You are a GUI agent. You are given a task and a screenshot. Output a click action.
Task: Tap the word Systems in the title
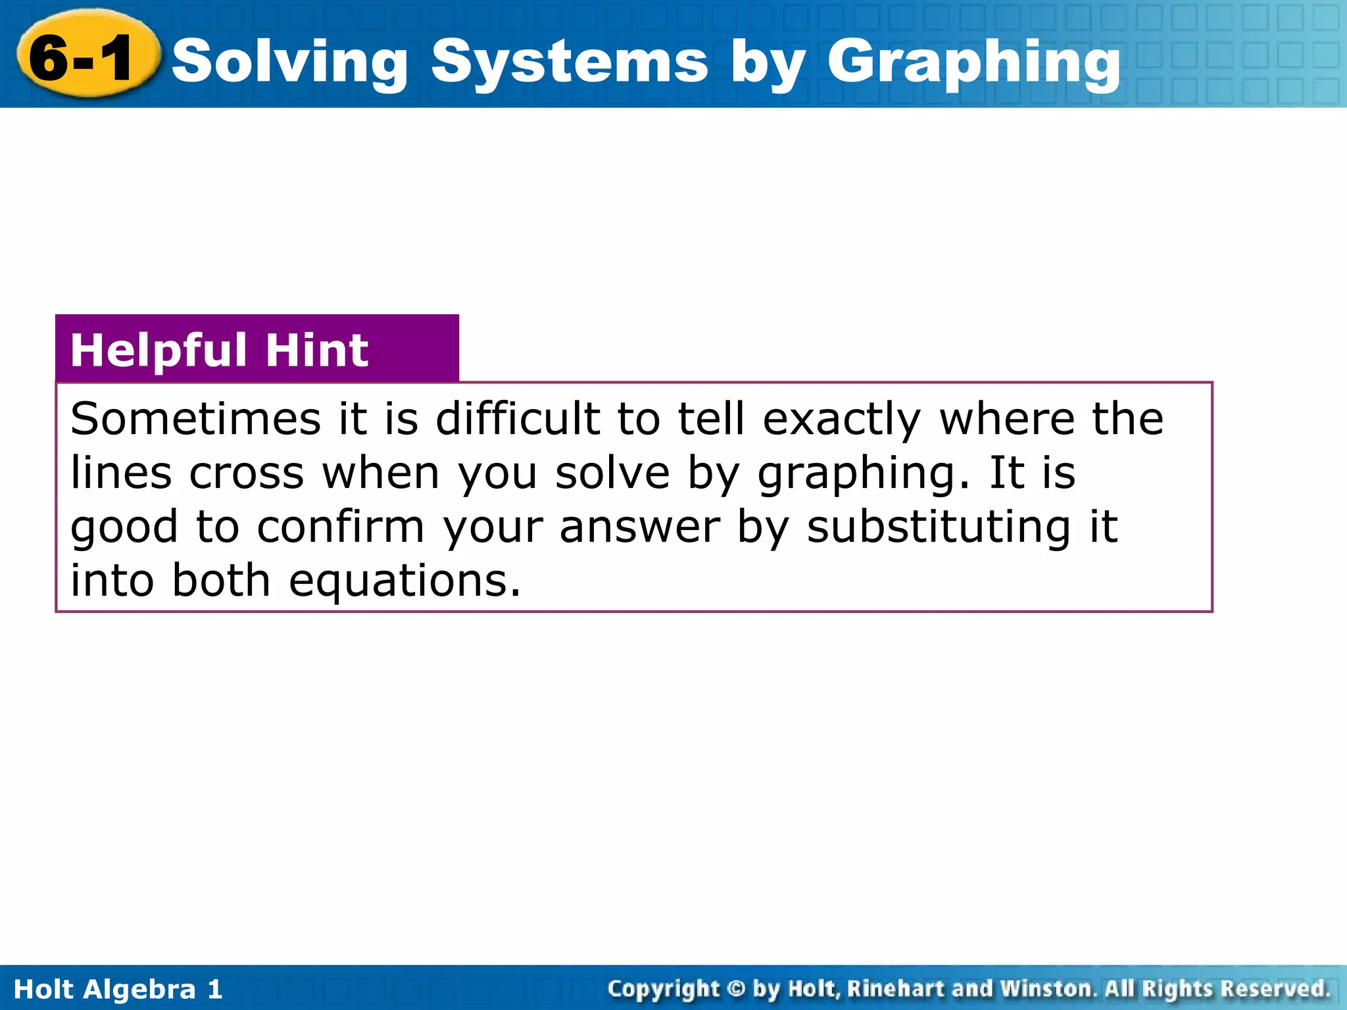coord(570,62)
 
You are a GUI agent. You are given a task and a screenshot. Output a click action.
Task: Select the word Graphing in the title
coord(973,62)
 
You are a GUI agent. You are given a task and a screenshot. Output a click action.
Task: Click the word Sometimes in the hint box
coord(195,419)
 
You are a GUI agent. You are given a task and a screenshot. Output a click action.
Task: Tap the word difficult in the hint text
coord(518,419)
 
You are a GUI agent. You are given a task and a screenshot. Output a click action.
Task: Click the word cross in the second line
coord(247,473)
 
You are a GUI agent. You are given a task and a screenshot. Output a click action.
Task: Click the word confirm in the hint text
coord(341,527)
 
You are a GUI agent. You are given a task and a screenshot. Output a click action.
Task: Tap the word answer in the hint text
coord(639,527)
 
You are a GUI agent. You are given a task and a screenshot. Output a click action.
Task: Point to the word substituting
coord(939,527)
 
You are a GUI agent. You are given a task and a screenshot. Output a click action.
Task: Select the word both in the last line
coord(221,581)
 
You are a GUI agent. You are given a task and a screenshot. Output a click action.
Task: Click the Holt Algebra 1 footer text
coord(118,990)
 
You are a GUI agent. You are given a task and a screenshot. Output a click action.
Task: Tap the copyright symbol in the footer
coord(737,989)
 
